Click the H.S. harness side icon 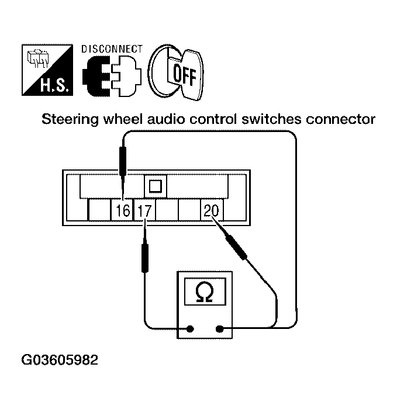[48, 70]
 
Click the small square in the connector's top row [155, 186]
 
